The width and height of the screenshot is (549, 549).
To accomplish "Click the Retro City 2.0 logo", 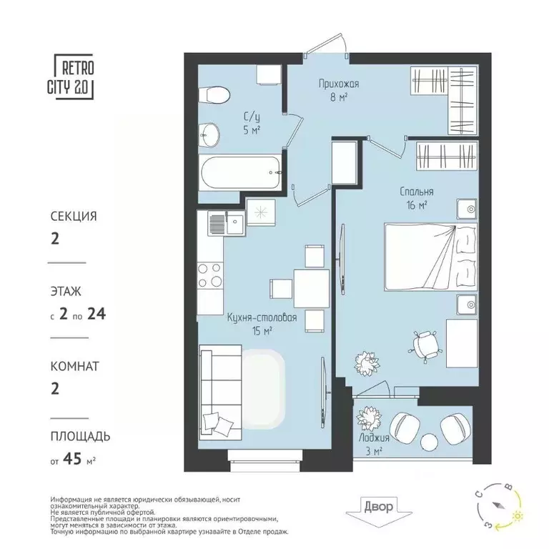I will (74, 76).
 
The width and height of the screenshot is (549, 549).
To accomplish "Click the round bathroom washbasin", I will (210, 132).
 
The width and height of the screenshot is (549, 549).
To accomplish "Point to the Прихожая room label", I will (338, 84).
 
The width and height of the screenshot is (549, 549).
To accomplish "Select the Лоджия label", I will (375, 438).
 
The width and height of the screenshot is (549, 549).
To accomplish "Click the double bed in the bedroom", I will (430, 257).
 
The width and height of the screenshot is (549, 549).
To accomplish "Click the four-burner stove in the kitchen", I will (210, 274).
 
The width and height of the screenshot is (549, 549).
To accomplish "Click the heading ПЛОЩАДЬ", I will (80, 436).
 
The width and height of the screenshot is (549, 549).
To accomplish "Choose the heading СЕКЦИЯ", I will (73, 215).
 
